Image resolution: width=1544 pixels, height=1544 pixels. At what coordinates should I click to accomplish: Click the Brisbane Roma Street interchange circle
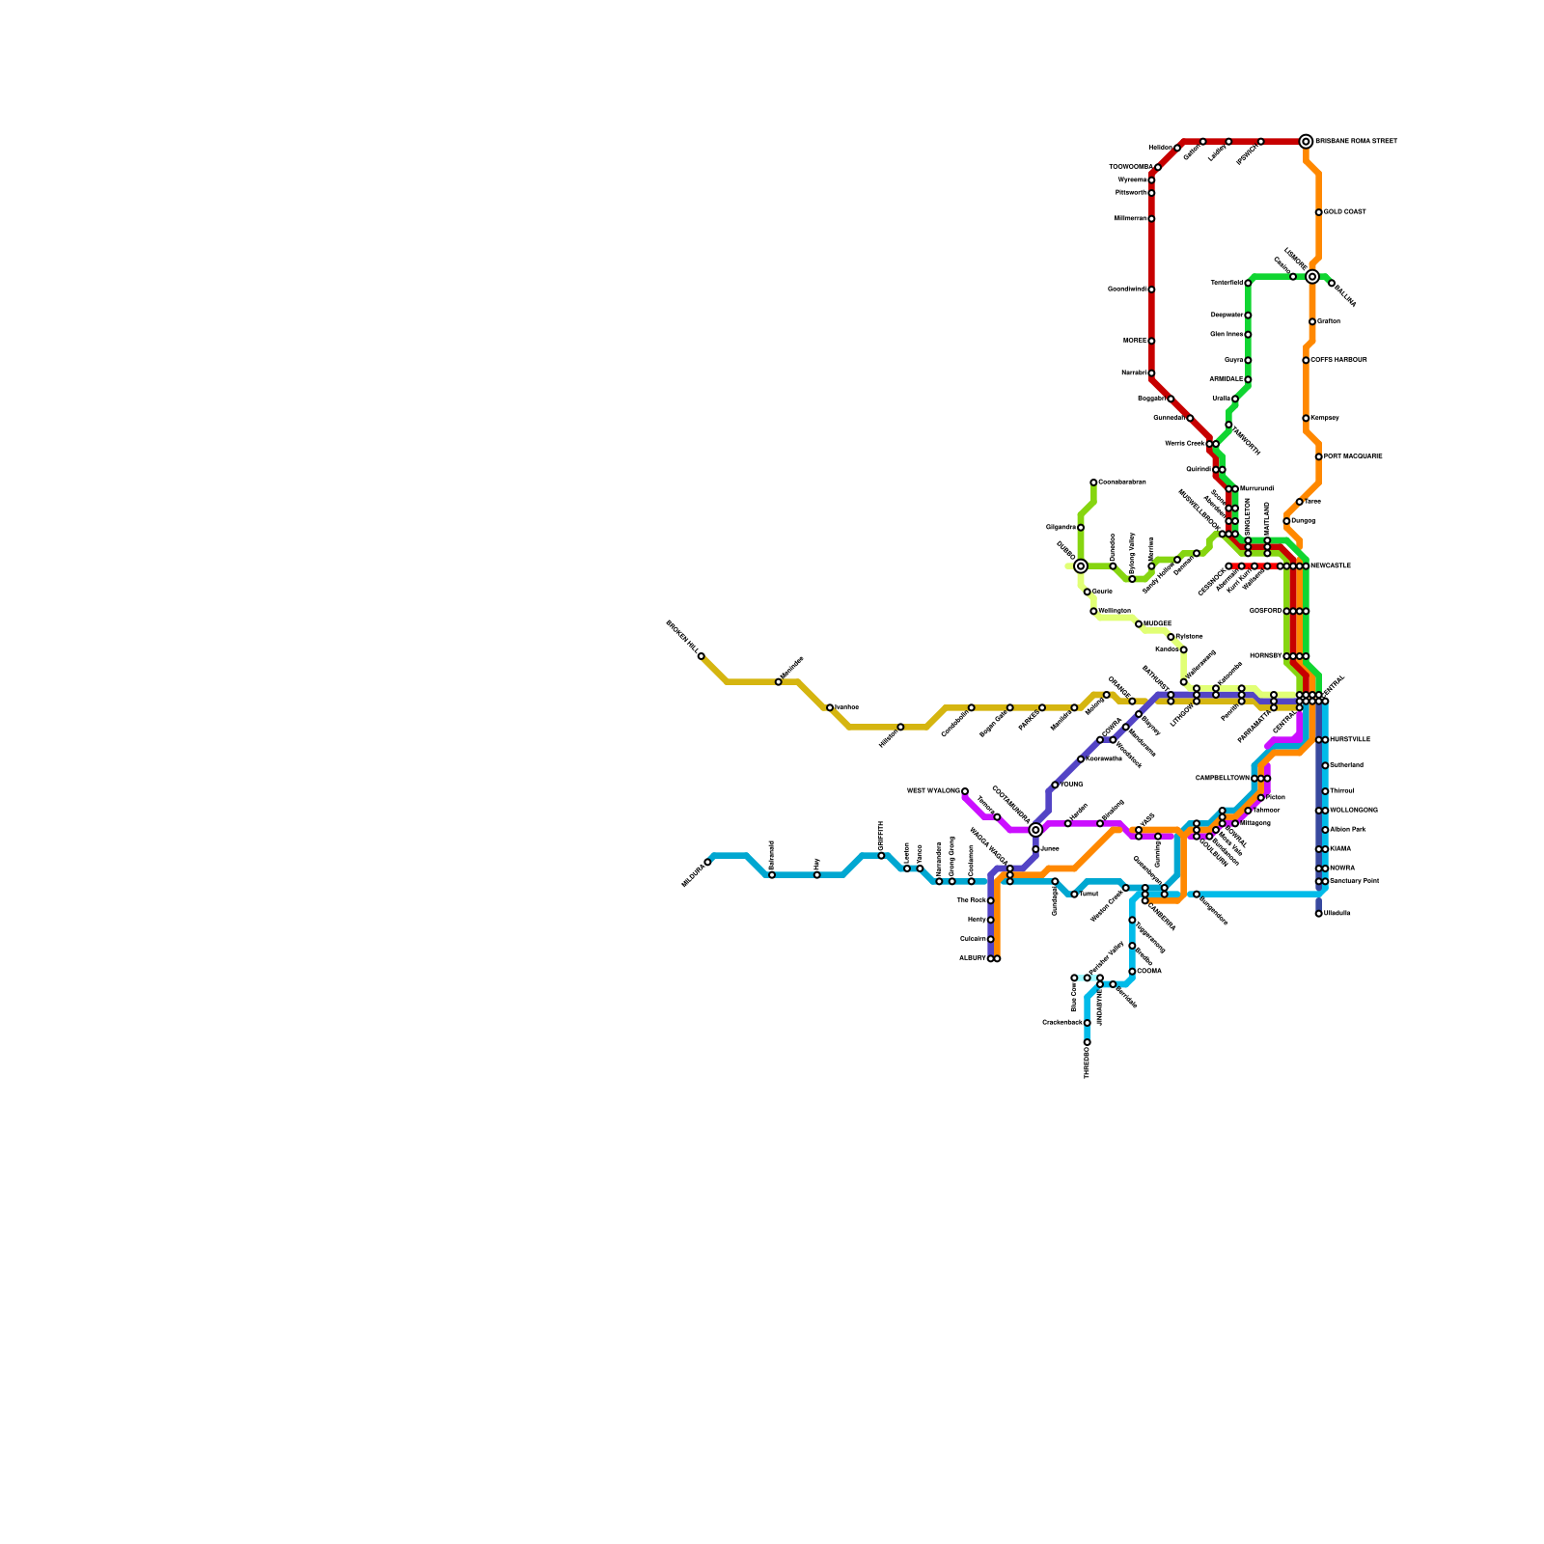[x=1306, y=142]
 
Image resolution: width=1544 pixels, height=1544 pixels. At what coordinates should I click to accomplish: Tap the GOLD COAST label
[x=1345, y=212]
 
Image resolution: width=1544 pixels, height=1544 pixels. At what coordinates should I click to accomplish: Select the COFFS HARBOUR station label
[x=1339, y=360]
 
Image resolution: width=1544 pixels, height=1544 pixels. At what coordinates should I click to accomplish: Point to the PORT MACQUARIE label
[x=1354, y=456]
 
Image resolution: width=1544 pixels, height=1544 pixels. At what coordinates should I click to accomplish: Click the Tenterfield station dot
[x=1248, y=283]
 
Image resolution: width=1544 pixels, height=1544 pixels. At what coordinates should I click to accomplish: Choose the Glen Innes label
[x=1227, y=335]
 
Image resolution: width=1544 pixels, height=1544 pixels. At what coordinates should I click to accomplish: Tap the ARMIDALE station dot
[x=1248, y=379]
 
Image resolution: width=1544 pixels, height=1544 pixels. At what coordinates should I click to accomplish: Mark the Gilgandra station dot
[x=1081, y=528]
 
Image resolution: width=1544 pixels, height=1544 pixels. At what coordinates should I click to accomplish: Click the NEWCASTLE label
[x=1331, y=566]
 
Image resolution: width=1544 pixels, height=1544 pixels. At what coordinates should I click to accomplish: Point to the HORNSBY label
[x=1265, y=656]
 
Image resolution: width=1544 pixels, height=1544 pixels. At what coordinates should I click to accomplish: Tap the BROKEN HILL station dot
[x=702, y=656]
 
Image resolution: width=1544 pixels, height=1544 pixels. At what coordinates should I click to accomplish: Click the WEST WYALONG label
[x=933, y=791]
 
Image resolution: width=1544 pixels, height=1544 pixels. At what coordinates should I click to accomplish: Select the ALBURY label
[x=972, y=958]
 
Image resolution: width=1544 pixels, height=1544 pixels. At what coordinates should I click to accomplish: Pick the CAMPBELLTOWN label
[x=1223, y=778]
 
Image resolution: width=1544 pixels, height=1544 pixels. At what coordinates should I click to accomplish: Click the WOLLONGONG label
[x=1354, y=811]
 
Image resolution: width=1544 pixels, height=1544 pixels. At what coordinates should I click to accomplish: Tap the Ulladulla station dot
[x=1319, y=914]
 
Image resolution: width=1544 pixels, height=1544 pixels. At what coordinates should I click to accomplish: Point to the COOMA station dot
[x=1132, y=972]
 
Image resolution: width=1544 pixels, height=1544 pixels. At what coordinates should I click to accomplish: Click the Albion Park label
[x=1348, y=830]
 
